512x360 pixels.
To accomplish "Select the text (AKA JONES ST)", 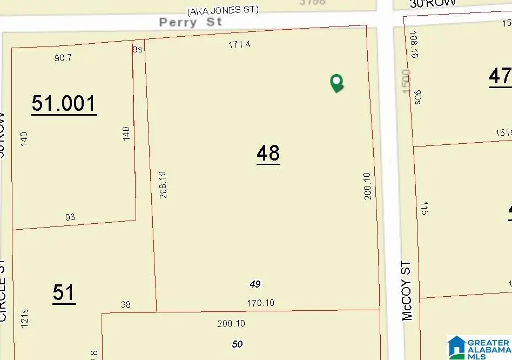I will coord(223,10).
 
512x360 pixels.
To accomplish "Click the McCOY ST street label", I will coord(407,291).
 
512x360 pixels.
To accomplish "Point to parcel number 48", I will coord(268,154).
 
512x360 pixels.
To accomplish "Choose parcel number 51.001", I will coord(64,103).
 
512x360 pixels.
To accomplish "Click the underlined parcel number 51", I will coord(64,293).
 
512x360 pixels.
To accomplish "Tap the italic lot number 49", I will coord(255,284).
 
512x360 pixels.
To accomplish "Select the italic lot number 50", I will coord(237,344).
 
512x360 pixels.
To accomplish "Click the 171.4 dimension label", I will coord(239,45).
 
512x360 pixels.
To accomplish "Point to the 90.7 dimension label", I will coord(63,57).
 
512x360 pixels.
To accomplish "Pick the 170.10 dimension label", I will coord(260,303).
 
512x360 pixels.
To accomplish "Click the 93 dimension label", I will coord(70,217).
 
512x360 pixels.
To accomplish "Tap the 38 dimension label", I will coord(125,304).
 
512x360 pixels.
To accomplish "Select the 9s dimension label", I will coord(137,49).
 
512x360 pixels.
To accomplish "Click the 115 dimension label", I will coord(425,208).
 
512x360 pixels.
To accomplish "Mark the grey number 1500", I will coord(406,80).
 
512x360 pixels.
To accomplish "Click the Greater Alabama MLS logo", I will coord(478,347).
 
